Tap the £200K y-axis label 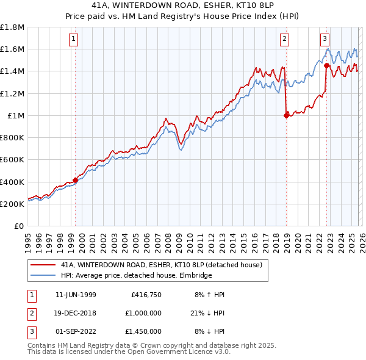[x=12, y=204]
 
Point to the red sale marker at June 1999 [x=76, y=180]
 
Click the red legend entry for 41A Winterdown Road [x=161, y=265]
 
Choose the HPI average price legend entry [x=135, y=275]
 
